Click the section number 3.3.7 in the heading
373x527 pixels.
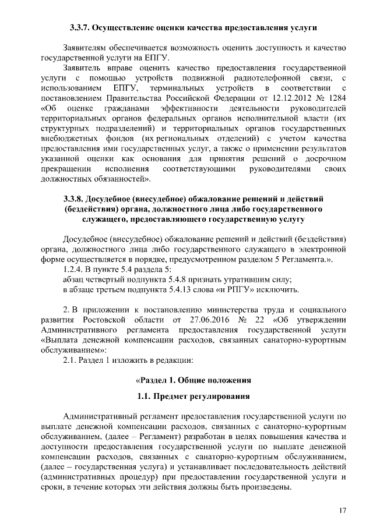79,27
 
